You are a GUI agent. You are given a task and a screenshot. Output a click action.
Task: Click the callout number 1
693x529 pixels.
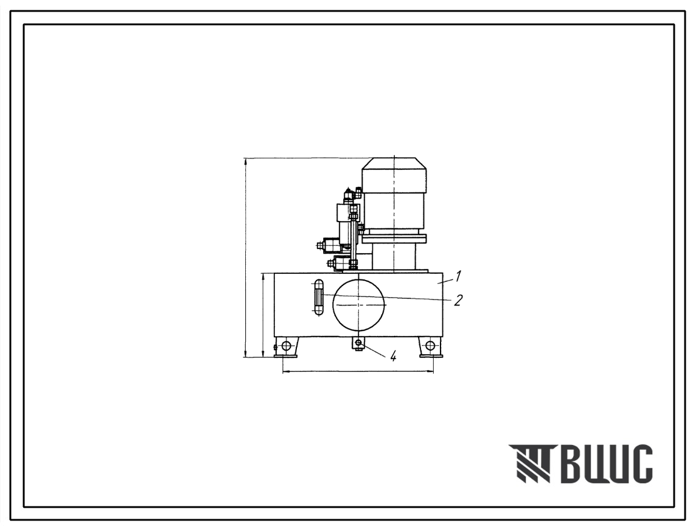click(458, 276)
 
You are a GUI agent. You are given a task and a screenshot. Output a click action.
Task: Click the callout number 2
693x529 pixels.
click(458, 300)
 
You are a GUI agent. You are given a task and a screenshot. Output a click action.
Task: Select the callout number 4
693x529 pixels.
click(393, 356)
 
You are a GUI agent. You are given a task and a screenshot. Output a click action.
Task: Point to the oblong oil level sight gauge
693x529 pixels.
click(318, 298)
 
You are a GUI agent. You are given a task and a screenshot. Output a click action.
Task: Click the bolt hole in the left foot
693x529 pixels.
click(287, 345)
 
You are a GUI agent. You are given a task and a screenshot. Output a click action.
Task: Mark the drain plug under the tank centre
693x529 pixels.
click(358, 343)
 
